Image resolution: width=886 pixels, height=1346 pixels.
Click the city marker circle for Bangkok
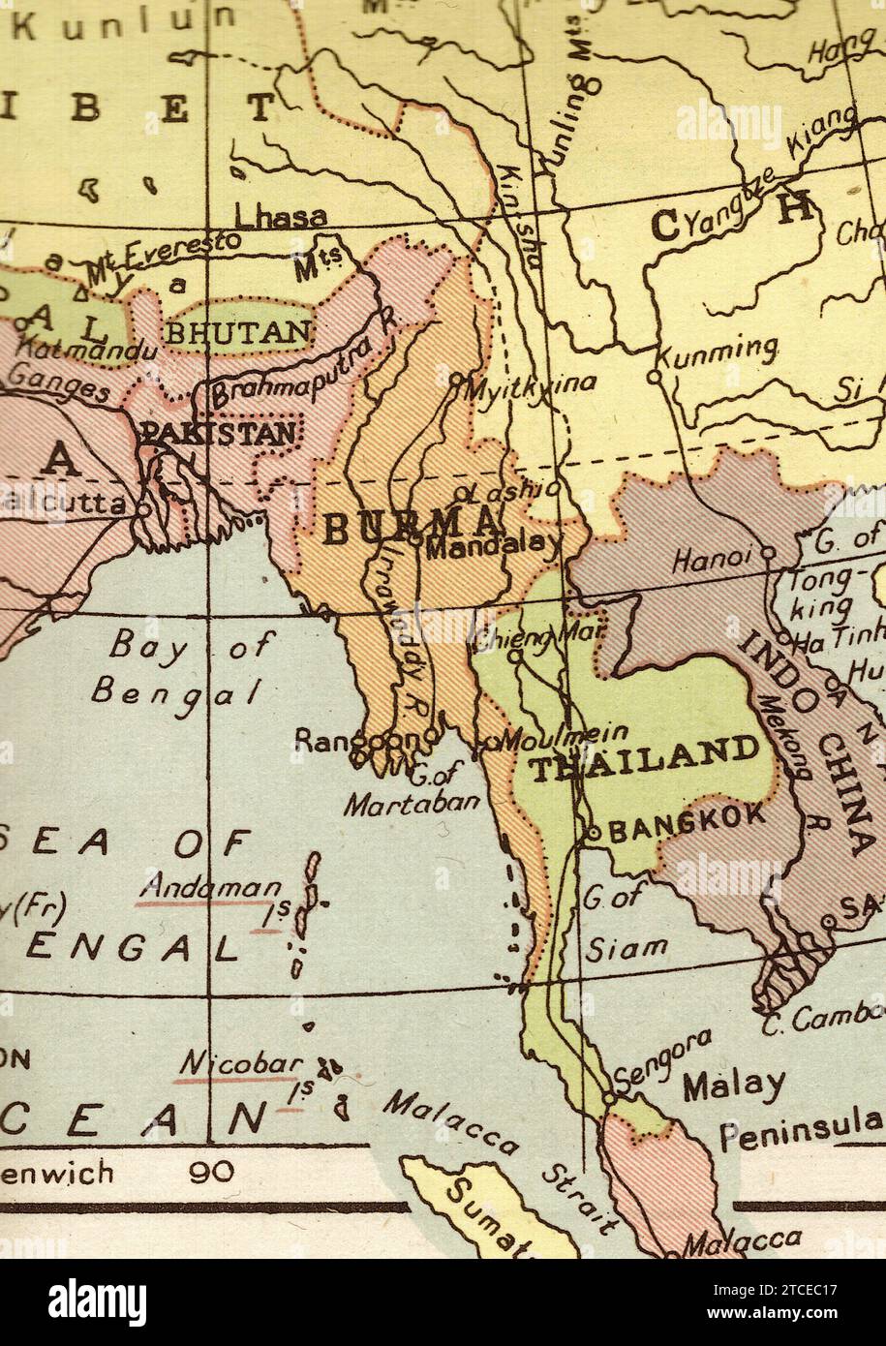click(594, 832)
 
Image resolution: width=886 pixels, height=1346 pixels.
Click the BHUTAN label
click(239, 332)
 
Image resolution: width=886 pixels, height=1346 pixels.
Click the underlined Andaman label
click(211, 885)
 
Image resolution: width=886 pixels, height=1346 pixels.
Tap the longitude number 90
click(211, 1172)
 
